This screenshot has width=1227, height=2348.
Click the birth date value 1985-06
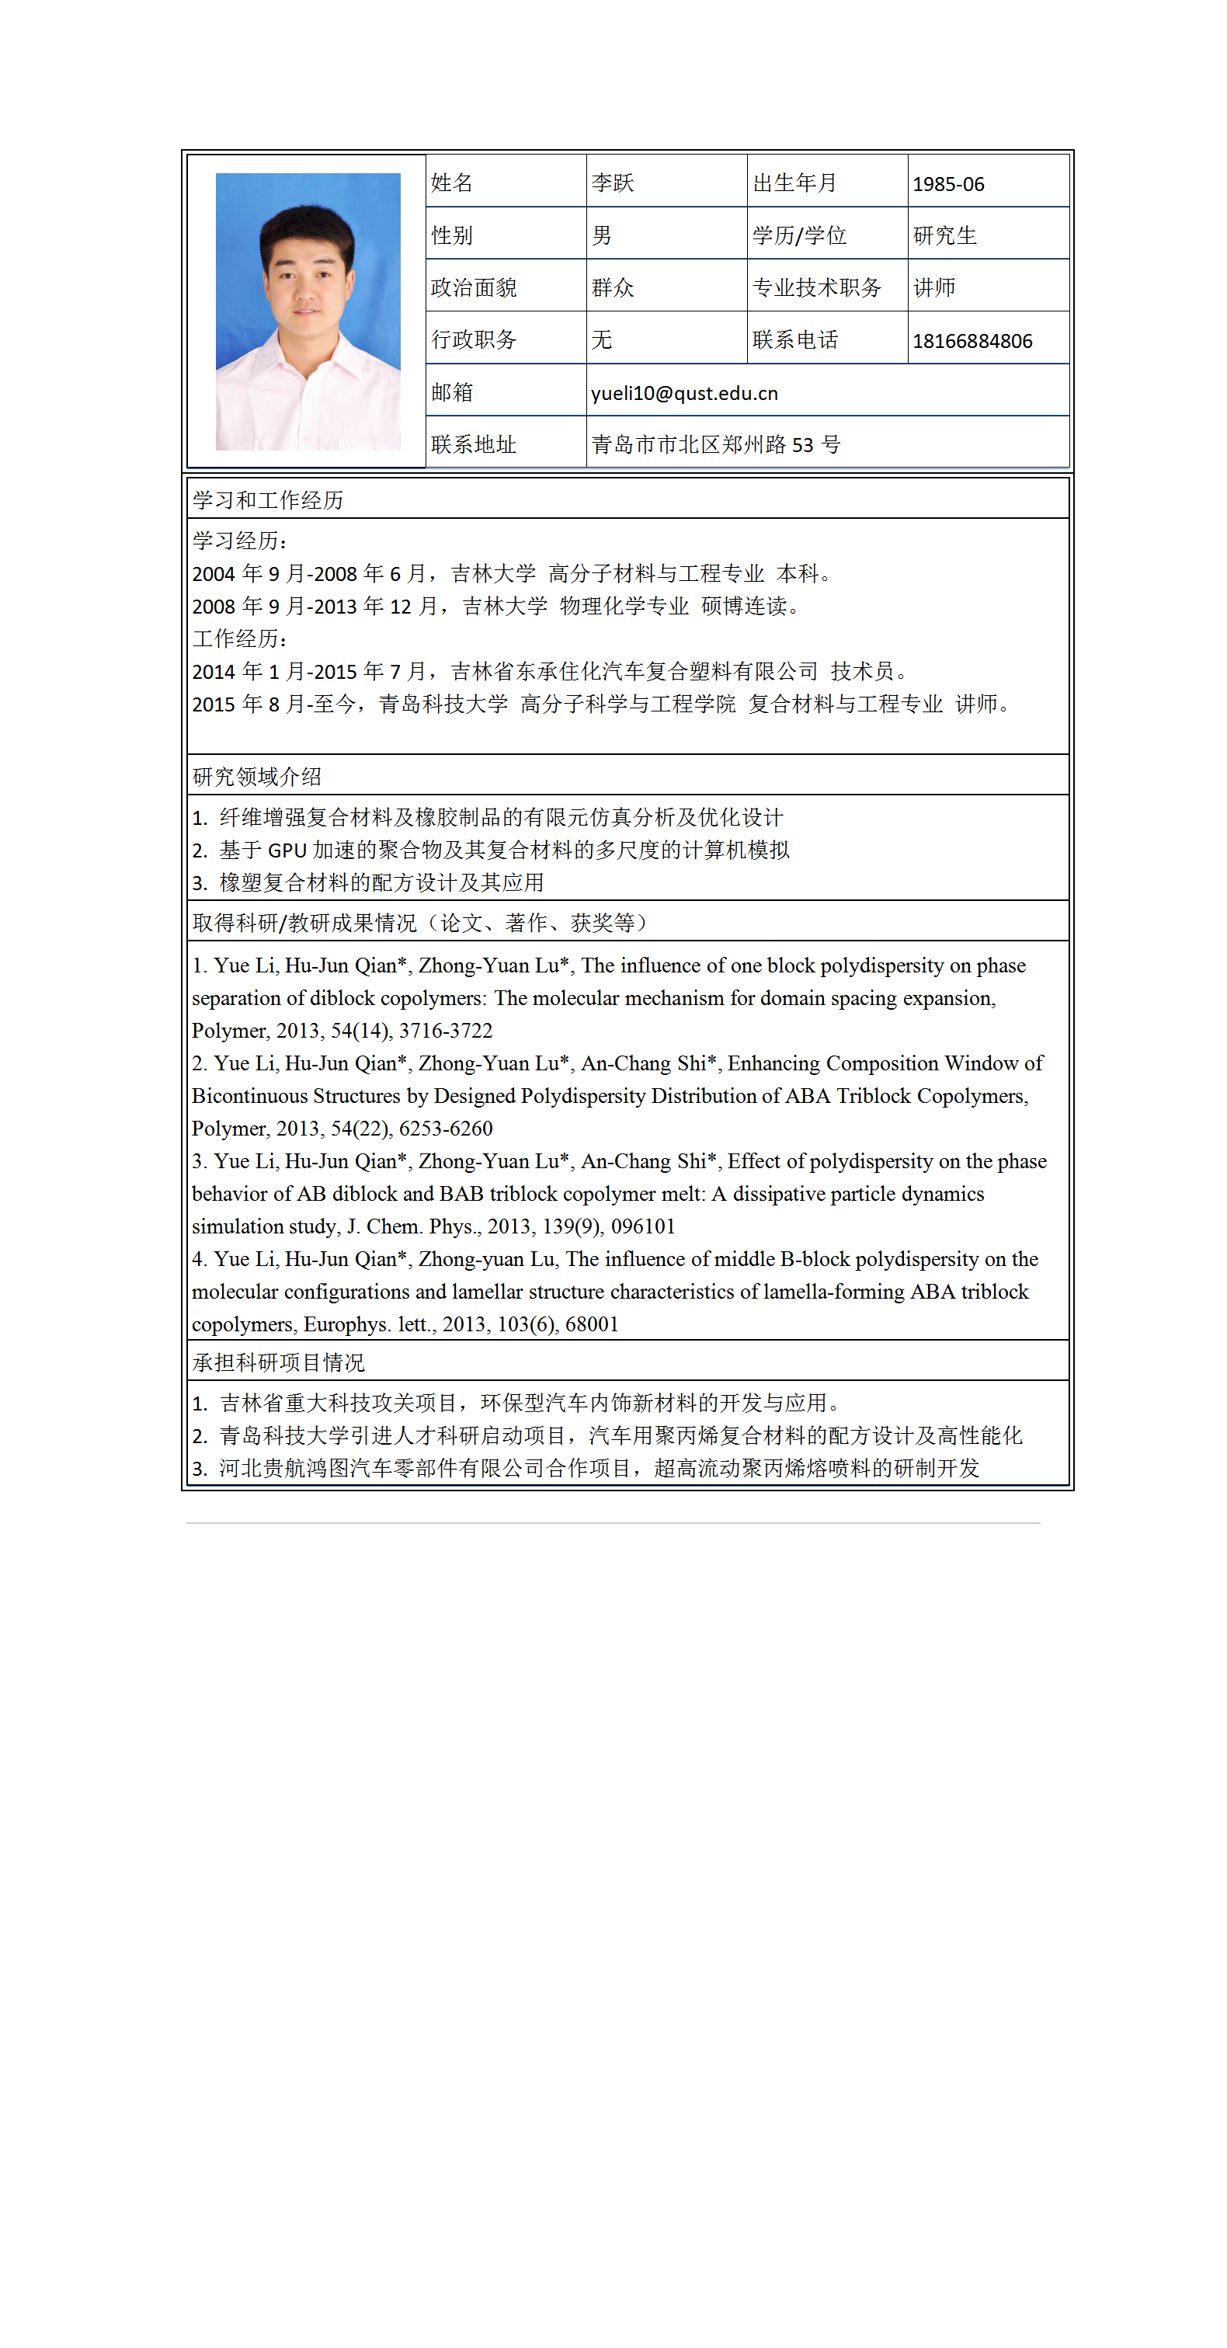(x=947, y=184)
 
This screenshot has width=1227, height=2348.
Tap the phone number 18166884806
(x=972, y=341)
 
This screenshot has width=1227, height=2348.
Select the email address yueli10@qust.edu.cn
(x=683, y=393)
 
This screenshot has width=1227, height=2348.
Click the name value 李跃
(x=612, y=183)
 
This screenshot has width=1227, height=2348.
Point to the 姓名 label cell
(x=451, y=183)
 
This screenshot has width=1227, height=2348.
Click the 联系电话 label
(x=795, y=340)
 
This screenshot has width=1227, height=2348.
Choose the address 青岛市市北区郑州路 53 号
(x=715, y=445)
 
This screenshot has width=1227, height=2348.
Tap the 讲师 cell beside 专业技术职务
(x=934, y=288)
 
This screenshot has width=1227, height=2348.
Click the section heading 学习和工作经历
(x=267, y=500)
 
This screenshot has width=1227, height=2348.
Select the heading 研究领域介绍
(x=256, y=777)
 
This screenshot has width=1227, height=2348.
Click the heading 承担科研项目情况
(x=278, y=1362)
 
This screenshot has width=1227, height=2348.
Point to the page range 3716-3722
(x=446, y=1031)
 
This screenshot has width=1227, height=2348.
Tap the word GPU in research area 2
(x=287, y=850)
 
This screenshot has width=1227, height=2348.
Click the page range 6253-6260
(x=446, y=1129)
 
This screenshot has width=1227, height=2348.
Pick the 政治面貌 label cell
(x=473, y=288)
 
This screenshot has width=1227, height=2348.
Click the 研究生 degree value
(x=944, y=236)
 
